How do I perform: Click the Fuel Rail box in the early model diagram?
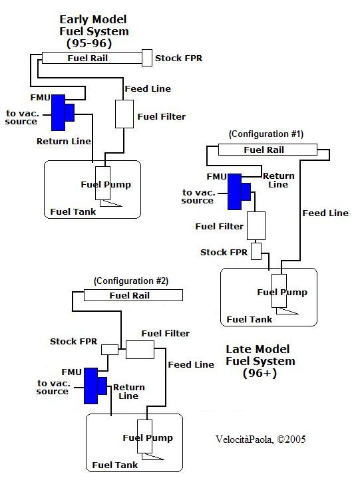coord(92,58)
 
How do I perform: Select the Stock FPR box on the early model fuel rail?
coord(147,58)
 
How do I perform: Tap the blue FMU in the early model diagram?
coord(63,112)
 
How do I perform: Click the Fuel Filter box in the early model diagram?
coord(124,114)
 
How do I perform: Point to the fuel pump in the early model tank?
coord(102,183)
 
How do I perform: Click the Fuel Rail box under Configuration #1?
coord(268,150)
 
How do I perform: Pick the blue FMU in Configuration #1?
coord(239,191)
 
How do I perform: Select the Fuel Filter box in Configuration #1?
coord(256,225)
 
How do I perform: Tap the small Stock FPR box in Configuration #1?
coord(256,251)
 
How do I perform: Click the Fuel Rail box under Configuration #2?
coord(133,295)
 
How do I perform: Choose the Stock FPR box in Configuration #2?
coord(110,350)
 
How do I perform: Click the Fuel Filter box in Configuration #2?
coord(140,350)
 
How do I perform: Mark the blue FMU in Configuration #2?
coord(95,386)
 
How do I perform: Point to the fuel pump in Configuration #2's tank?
coord(145,436)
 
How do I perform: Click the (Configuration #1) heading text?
coord(266,134)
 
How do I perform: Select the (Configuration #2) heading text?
coord(131,281)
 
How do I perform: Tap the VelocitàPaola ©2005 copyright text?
coord(261,439)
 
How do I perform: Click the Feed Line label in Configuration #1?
coord(325,213)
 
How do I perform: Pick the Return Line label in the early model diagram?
coord(64,142)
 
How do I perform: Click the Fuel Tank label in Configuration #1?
coord(250,319)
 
